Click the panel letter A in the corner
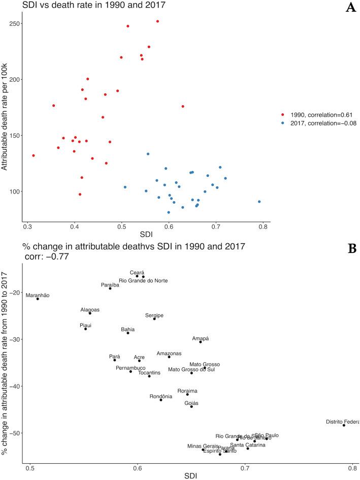[350, 9]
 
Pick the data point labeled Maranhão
[38, 299]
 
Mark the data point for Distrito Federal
[344, 425]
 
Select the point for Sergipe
[154, 318]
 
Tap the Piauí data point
[85, 329]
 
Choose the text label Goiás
[191, 403]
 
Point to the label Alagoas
[90, 309]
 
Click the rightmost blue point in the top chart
[259, 202]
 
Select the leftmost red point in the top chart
[34, 155]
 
